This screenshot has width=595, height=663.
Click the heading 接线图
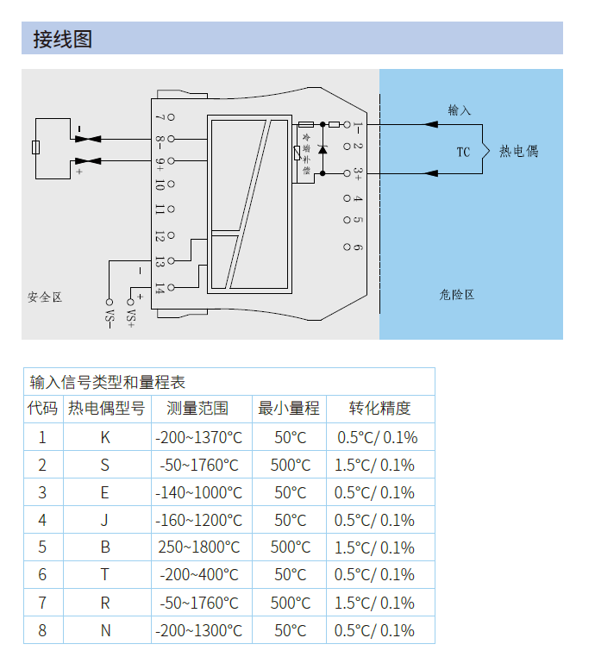[63, 39]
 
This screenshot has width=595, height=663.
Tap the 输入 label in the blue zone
[460, 110]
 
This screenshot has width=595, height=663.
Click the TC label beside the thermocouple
[463, 152]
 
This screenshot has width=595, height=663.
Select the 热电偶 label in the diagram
[518, 151]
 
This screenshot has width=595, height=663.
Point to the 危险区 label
[456, 295]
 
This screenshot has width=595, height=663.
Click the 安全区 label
[45, 297]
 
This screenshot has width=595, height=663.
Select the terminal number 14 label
[160, 289]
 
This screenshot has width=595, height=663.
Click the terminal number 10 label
[160, 184]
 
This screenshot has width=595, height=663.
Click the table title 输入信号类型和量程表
[108, 382]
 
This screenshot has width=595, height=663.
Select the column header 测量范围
[197, 409]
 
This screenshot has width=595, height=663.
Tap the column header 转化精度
[379, 409]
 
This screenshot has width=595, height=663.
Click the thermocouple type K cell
[105, 437]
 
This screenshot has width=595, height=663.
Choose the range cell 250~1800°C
[198, 547]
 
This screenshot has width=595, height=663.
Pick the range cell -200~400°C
[198, 575]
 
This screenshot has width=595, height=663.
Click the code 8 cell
[42, 630]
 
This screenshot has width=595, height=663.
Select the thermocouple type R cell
[105, 603]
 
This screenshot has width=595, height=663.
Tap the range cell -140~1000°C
[198, 492]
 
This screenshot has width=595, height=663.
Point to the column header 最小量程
[289, 409]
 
